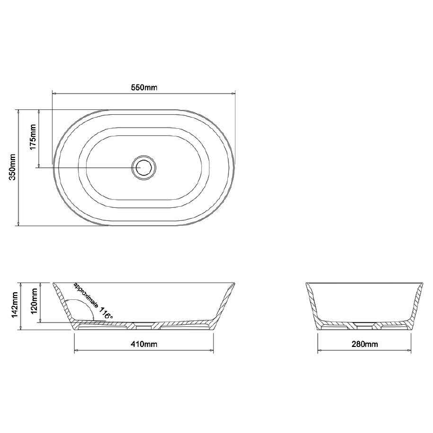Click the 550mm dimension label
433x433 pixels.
[143, 88]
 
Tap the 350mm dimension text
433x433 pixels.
[13, 167]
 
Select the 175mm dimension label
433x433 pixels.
[32, 137]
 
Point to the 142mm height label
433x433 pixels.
[15, 306]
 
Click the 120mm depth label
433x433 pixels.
[34, 302]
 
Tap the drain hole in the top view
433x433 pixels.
[144, 167]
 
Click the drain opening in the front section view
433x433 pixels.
[143, 325]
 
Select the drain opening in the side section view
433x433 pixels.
[364, 325]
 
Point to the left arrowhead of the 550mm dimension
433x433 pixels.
[54, 93]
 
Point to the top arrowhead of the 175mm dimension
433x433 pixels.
[39, 111]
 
